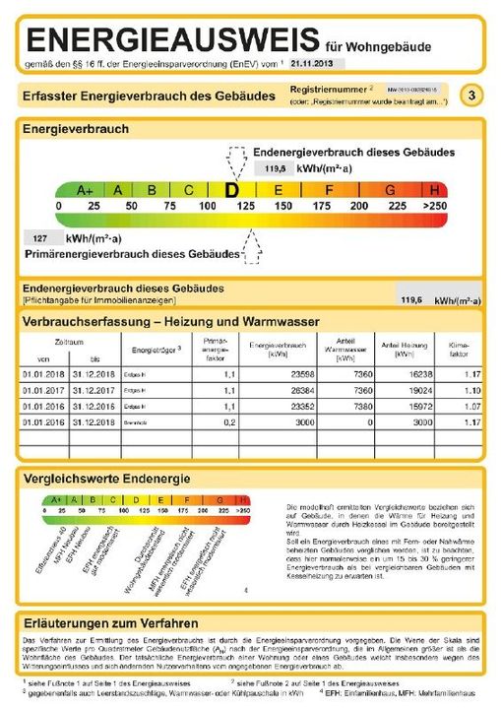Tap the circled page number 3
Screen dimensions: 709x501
tap(473, 96)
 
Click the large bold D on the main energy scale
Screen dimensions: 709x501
tap(232, 189)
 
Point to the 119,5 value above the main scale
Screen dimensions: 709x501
tap(275, 169)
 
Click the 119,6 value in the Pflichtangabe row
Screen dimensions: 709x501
tap(409, 299)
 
